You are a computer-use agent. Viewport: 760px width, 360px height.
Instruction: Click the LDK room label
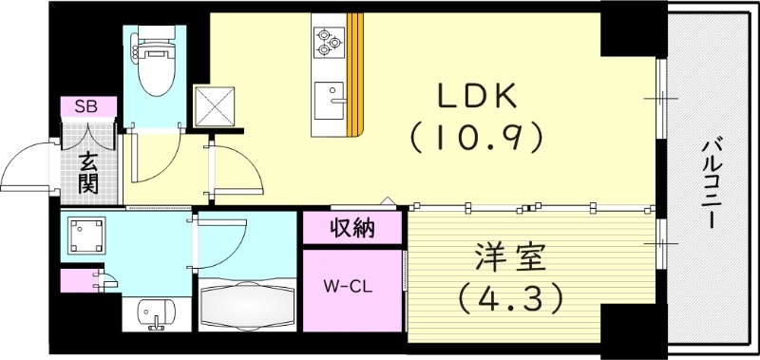coord(477,97)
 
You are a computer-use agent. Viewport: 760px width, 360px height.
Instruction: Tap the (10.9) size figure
coord(477,137)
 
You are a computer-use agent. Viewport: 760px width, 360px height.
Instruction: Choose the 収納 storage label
coord(351,228)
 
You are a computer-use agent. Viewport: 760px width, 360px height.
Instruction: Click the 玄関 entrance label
coord(88,171)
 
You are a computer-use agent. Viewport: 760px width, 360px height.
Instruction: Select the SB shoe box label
coord(88,105)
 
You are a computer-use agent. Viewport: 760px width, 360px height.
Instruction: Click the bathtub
coord(246,306)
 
